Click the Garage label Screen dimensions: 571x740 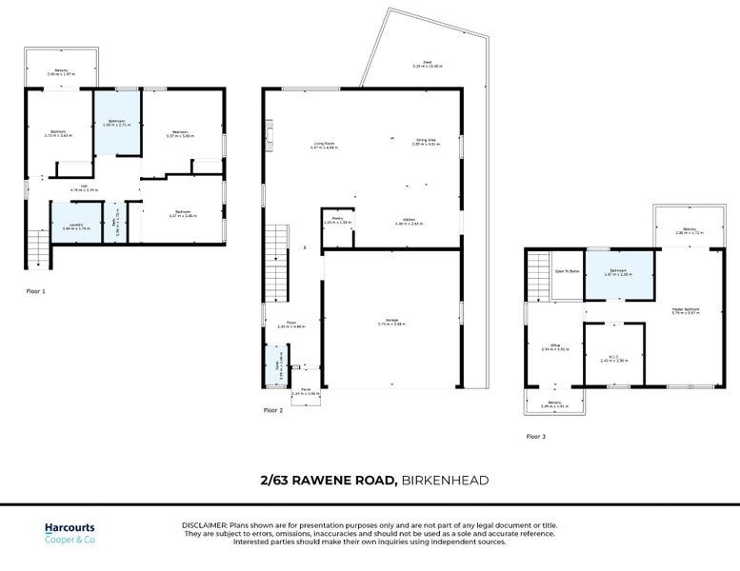pos(392,322)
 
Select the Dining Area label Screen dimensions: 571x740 pos(425,142)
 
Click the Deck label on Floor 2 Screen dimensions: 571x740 pos(428,64)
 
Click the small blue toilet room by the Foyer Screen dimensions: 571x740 pos(279,366)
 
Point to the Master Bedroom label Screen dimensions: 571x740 pos(686,310)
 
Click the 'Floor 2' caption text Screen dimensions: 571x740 pos(273,410)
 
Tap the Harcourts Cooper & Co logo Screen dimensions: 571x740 pos(70,533)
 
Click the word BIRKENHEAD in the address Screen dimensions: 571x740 pos(445,481)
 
